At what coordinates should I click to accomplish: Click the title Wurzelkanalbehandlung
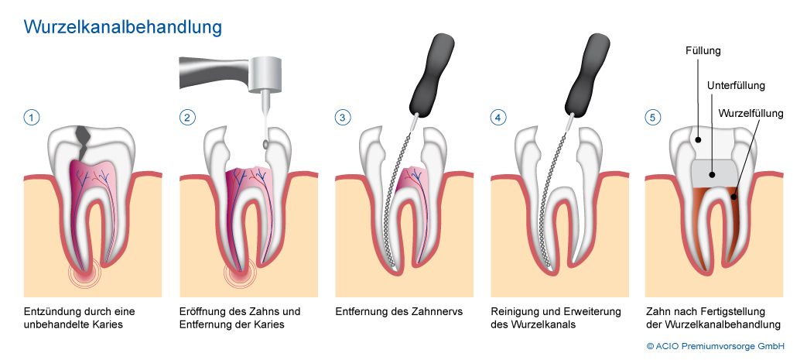coord(124,27)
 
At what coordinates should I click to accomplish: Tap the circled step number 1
coord(32,118)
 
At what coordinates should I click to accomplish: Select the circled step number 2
coord(186,118)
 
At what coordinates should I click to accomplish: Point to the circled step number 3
coord(342,118)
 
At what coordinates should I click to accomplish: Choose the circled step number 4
coord(498,118)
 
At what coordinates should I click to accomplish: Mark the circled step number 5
coord(653,118)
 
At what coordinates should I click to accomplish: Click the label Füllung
coord(703,51)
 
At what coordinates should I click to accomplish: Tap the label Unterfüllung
coord(736,84)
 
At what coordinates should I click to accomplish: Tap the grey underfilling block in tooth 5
coord(711,172)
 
